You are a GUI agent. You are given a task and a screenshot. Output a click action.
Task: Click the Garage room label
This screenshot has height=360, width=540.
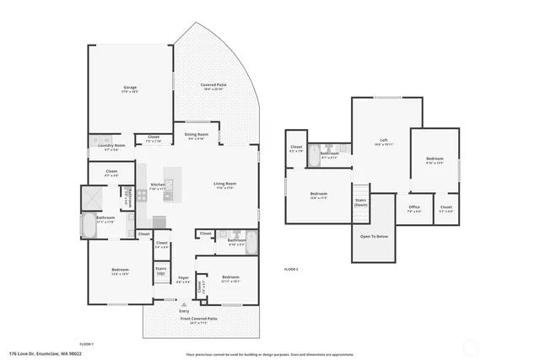pos(130,88)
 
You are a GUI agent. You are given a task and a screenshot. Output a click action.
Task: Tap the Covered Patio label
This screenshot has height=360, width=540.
pos(212,85)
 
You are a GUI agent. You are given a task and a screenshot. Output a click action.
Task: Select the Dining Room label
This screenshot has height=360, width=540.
pos(196,136)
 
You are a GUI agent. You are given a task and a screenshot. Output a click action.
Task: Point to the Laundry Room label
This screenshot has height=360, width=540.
pos(111,147)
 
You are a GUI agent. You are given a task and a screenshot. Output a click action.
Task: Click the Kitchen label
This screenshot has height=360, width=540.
pos(157,185)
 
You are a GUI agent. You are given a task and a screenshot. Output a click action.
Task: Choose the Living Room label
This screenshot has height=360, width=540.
pos(224,185)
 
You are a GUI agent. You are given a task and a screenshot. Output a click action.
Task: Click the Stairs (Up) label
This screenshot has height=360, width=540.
pos(161,271)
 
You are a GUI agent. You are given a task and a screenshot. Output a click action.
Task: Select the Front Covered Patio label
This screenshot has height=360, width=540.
pos(199,319)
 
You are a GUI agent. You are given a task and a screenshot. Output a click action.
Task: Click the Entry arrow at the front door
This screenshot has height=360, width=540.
pos(184,302)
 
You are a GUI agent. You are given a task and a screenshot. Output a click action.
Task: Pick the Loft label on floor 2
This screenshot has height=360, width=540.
pos(383,140)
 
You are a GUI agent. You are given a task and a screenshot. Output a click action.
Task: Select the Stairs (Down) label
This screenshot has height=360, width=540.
pos(361,202)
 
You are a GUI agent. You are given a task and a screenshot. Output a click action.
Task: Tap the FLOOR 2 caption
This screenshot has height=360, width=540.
pos(291,269)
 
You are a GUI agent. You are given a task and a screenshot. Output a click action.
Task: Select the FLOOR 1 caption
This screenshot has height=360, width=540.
pos(86,345)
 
